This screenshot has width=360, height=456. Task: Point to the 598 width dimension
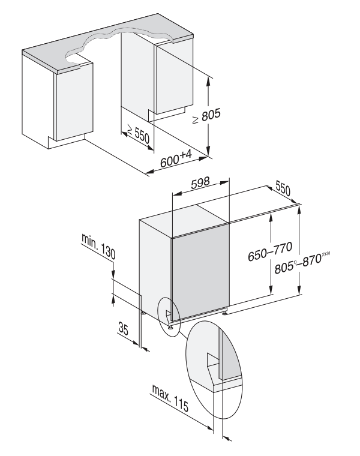pos(200,185)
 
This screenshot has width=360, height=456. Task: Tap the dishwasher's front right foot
pos(224,311)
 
